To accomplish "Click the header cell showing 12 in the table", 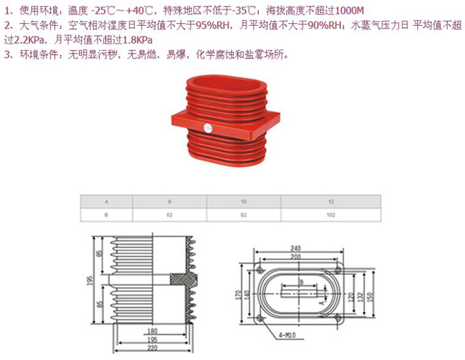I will coord(331,202).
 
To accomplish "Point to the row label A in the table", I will coord(106,202).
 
